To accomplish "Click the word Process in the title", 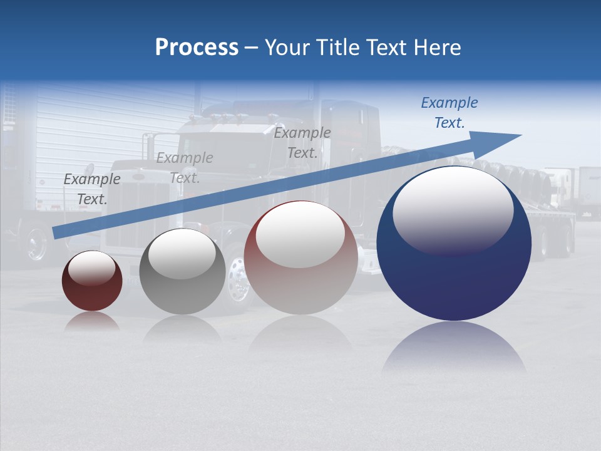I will point(197,48).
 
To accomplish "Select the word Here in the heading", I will point(438,48).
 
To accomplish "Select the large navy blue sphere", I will point(454,282).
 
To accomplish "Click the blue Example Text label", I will point(449,113).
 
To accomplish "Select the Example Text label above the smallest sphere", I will point(92,189).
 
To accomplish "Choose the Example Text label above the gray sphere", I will point(185,168).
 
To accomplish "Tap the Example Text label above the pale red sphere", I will point(302,143).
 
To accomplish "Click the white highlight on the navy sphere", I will point(453,210).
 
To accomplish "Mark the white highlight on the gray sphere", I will point(182,254).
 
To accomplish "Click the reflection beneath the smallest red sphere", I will point(92,321).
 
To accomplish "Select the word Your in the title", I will point(288,48).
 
